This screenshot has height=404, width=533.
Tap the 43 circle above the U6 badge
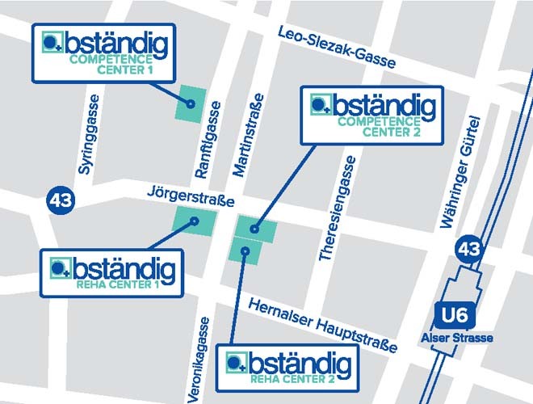pyautogui.click(x=469, y=249)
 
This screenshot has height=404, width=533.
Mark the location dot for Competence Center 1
pyautogui.click(x=191, y=104)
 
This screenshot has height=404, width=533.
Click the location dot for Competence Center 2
pyautogui.click(x=254, y=229)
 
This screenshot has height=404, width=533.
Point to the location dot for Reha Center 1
pyautogui.click(x=193, y=222)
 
